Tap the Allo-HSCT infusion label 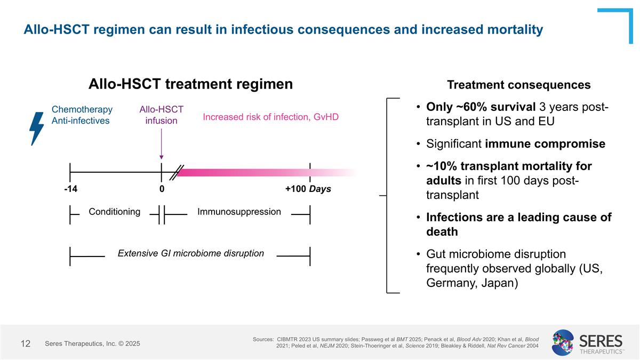click(161, 115)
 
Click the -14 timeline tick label click(70, 189)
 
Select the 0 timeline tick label click(162, 189)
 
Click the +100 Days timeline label click(308, 189)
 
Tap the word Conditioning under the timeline click(114, 212)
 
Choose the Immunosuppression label click(239, 212)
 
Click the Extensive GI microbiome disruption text click(191, 253)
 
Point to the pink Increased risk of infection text click(270, 117)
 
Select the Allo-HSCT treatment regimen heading click(190, 84)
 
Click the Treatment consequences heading click(518, 85)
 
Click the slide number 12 click(26, 344)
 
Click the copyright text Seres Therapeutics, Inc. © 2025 click(92, 344)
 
